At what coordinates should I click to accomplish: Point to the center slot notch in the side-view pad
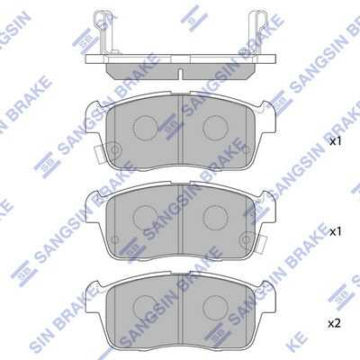(180, 75)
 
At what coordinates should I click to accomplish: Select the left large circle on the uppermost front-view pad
(146, 128)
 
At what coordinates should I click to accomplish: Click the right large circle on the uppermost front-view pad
(215, 128)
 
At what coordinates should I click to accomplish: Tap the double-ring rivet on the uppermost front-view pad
(114, 149)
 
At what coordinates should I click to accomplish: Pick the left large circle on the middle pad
(146, 218)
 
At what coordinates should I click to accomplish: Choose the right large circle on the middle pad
(215, 218)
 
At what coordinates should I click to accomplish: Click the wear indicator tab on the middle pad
(262, 241)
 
